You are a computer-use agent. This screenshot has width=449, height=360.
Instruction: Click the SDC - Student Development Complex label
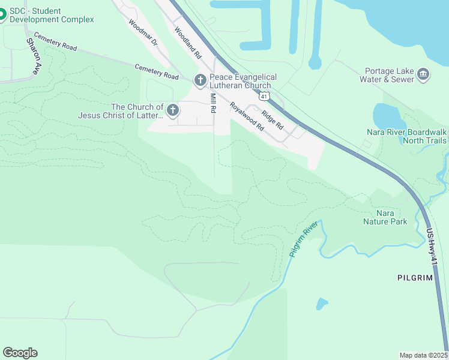(52, 15)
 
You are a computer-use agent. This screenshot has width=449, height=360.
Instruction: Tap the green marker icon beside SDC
(2, 14)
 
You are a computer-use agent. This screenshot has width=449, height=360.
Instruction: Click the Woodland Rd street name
(187, 43)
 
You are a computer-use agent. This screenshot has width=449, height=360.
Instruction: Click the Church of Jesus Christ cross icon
(172, 110)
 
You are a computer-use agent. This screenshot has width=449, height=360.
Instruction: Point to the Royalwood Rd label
(247, 116)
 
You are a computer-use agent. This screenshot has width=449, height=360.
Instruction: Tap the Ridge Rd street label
(272, 118)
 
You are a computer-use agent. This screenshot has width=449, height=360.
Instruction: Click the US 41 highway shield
(264, 96)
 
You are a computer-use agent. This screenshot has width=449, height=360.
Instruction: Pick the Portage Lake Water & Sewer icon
(424, 74)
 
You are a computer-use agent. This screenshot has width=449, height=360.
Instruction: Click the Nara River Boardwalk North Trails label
(406, 136)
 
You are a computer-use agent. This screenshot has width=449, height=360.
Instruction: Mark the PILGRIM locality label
(415, 278)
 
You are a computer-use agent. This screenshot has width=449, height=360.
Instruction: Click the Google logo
(20, 353)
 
